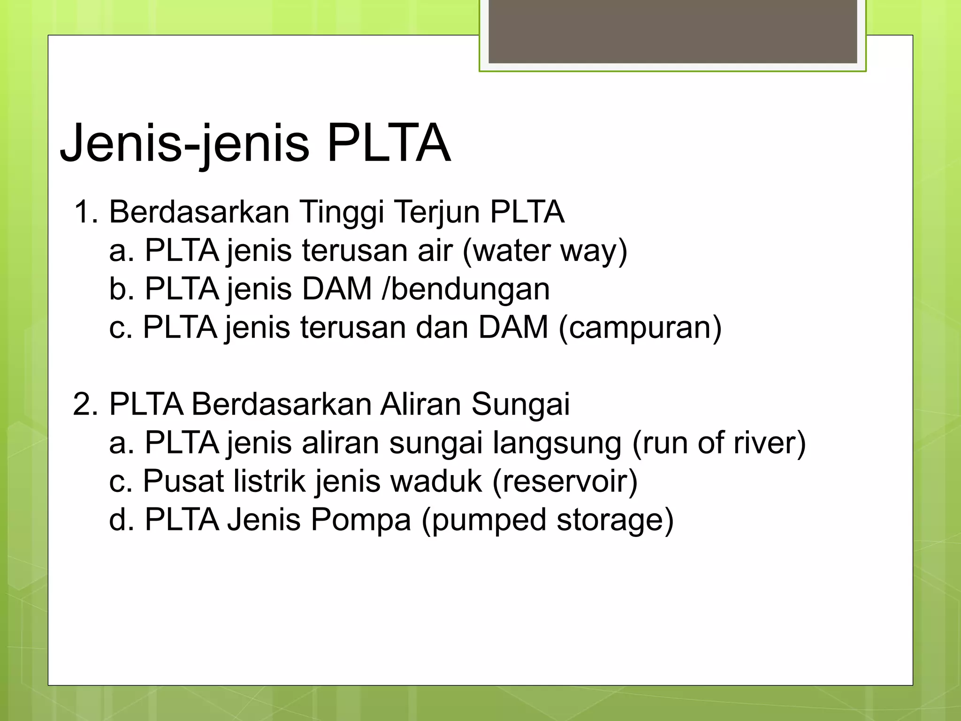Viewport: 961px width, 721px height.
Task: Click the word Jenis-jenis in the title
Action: pyautogui.click(x=185, y=143)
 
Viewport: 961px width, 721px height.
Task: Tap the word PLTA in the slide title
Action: pyautogui.click(x=389, y=143)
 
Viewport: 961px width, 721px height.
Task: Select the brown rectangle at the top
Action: pyautogui.click(x=672, y=31)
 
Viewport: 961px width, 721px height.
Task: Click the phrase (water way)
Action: pyautogui.click(x=545, y=251)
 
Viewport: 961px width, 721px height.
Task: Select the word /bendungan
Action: pyautogui.click(x=465, y=289)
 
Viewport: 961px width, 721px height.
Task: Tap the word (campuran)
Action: pyautogui.click(x=640, y=327)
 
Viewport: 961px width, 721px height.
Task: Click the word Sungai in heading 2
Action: pyautogui.click(x=520, y=404)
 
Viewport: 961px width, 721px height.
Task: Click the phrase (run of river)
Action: pyautogui.click(x=719, y=443)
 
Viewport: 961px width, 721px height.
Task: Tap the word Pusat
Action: pyautogui.click(x=183, y=482)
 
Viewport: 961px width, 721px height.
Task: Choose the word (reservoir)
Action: pyautogui.click(x=565, y=482)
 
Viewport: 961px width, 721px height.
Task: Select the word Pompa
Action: pyautogui.click(x=360, y=520)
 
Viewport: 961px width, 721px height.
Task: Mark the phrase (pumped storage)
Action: pyautogui.click(x=547, y=520)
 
